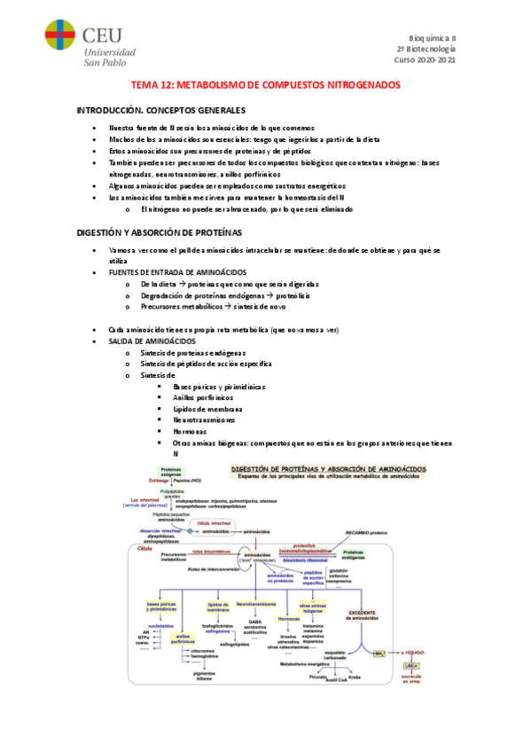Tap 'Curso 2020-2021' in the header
(x=426, y=60)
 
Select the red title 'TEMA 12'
(x=265, y=85)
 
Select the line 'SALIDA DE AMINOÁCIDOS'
(x=152, y=341)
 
